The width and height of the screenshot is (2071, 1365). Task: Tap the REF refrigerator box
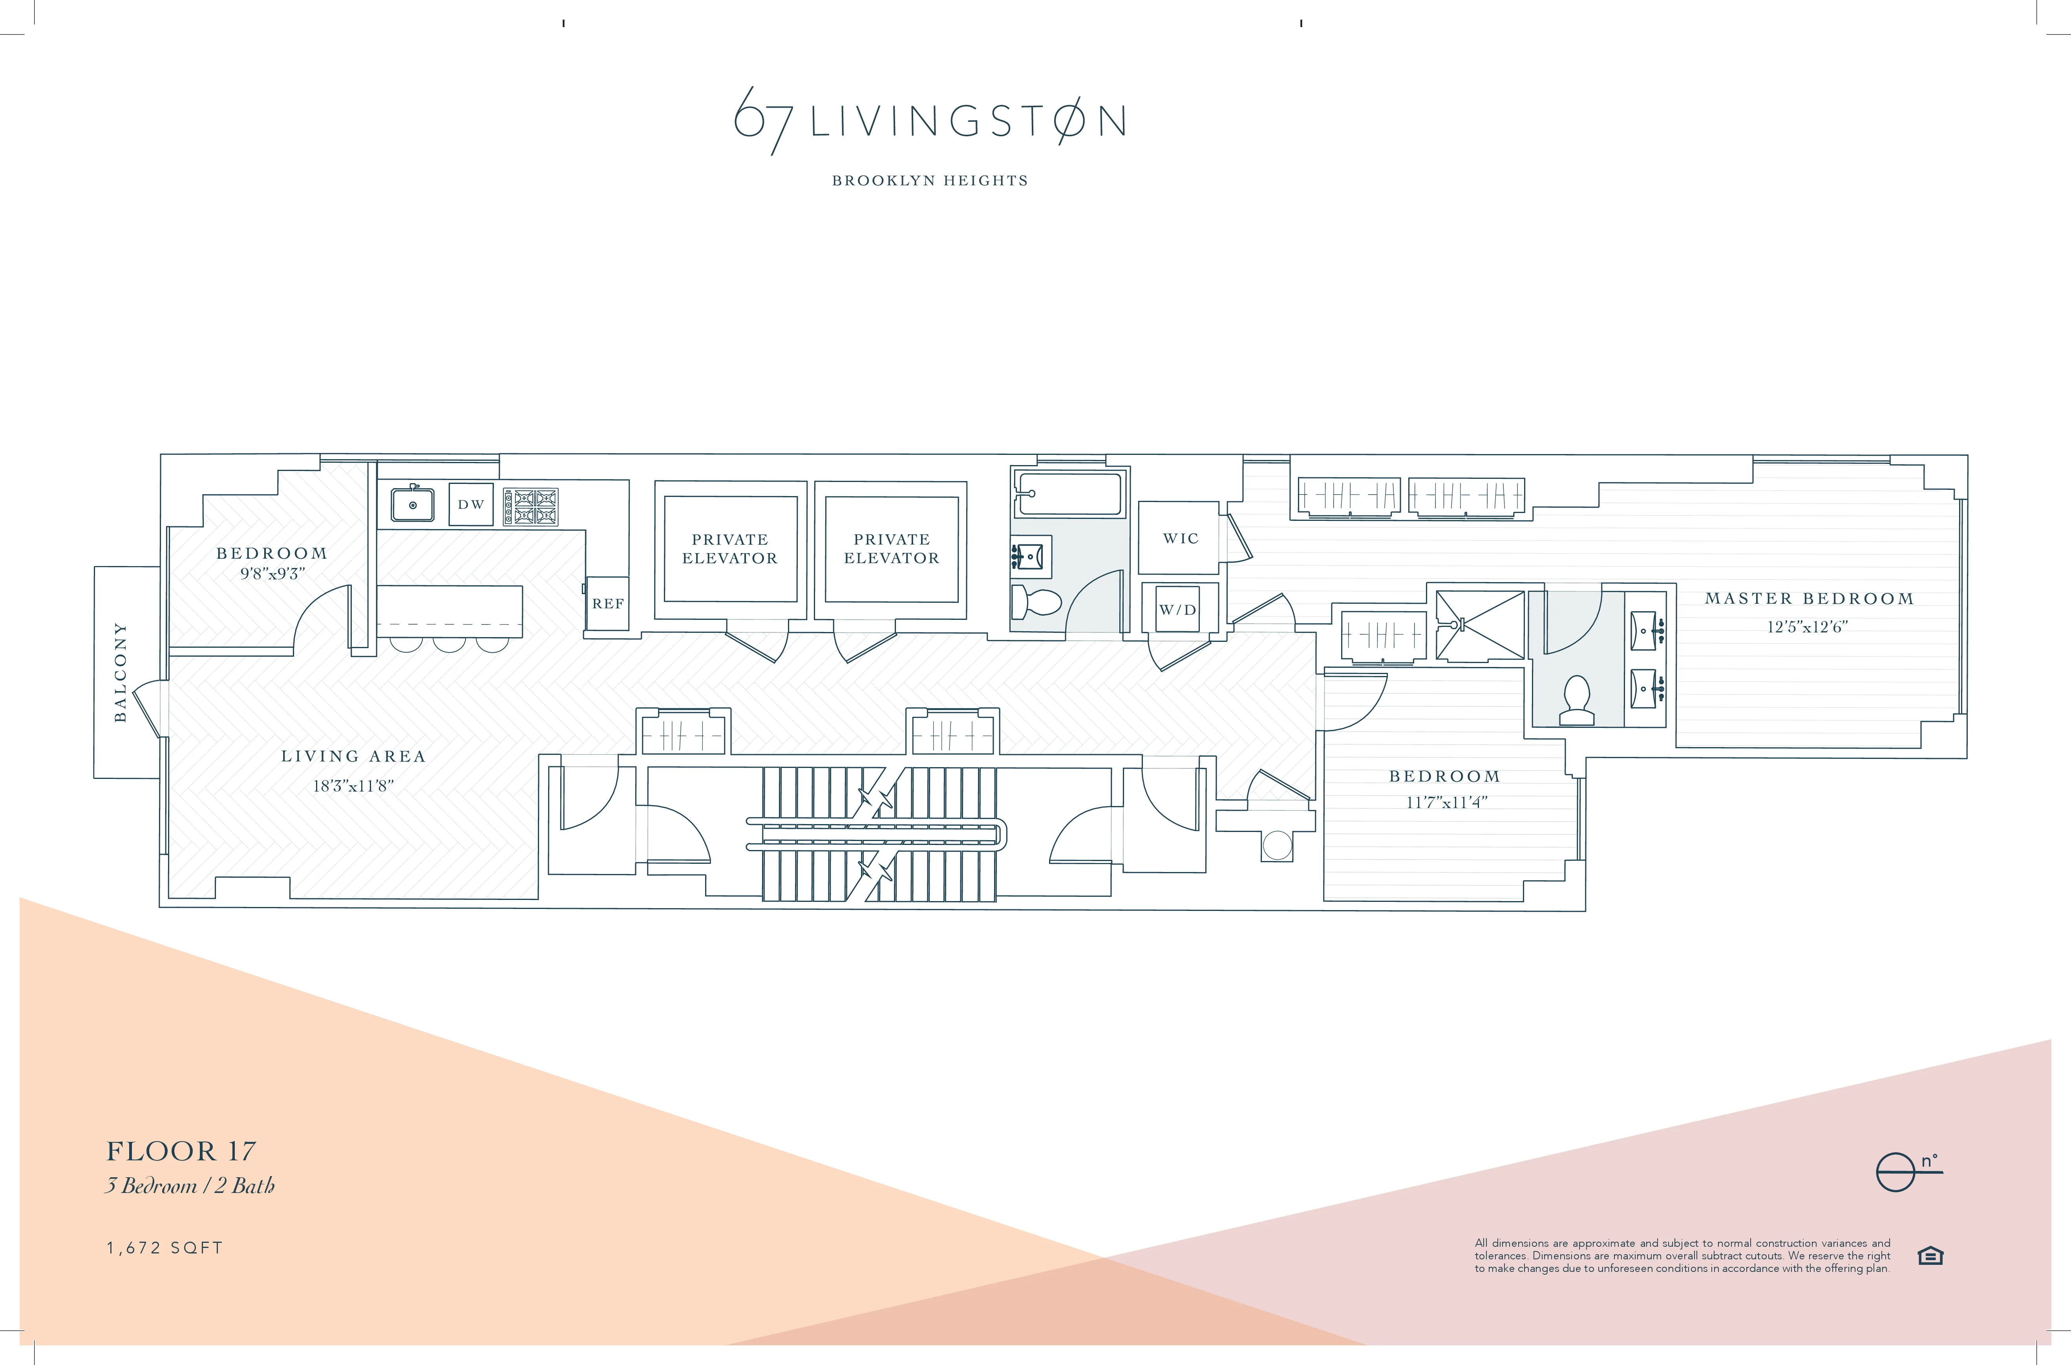tap(607, 603)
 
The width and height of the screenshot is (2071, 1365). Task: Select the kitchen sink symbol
tap(413, 504)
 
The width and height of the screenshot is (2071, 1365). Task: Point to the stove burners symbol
tap(530, 506)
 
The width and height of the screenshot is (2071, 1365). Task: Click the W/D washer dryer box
tap(1177, 609)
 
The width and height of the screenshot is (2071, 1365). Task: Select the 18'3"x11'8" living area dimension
tap(353, 786)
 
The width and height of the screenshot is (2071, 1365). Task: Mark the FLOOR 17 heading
tap(181, 1152)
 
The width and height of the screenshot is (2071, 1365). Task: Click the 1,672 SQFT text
tap(165, 1248)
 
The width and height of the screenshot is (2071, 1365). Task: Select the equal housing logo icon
tap(1930, 1256)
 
